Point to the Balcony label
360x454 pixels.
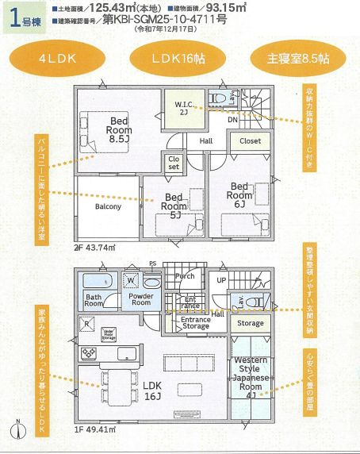(x=108, y=207)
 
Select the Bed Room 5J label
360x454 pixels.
(x=174, y=204)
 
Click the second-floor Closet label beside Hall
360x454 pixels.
(x=250, y=140)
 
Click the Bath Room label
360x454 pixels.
(x=94, y=299)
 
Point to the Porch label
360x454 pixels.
(x=185, y=277)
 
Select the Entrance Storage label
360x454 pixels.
(x=191, y=322)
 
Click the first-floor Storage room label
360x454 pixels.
(x=251, y=323)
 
